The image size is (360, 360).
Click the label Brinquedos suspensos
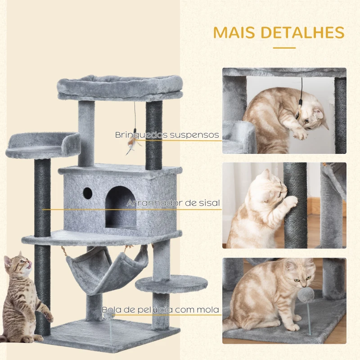166,135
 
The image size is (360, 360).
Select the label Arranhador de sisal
173,203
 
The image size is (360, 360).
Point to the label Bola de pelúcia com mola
161,310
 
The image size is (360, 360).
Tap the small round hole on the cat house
87,193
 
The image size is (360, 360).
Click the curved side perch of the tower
43,145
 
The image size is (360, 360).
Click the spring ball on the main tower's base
110,318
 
